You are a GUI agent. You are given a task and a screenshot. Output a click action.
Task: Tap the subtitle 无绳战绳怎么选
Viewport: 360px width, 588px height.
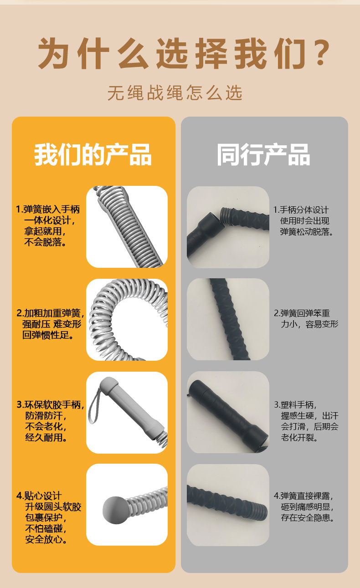[x=175, y=92]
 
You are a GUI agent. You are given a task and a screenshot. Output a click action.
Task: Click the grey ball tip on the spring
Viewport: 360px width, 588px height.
[x=115, y=510]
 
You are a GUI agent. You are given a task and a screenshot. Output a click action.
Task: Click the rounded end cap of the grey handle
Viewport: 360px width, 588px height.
[x=108, y=385]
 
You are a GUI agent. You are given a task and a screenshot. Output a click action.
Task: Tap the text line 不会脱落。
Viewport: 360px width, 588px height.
[x=45, y=242]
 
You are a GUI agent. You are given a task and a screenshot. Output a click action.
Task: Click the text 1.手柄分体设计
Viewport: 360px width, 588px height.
[x=301, y=210]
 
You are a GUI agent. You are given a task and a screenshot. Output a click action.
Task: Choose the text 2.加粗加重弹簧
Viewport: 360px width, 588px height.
[x=50, y=313]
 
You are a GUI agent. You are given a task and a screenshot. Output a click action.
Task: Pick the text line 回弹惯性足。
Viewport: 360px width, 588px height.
[x=48, y=335]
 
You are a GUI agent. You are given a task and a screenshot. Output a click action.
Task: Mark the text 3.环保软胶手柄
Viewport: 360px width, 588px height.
[x=51, y=404]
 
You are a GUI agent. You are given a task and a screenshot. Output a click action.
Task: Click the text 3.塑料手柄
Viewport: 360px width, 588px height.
[x=295, y=404]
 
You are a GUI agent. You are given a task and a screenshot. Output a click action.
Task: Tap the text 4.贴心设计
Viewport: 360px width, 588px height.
[x=39, y=496]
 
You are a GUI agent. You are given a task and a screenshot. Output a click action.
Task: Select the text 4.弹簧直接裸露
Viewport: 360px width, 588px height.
[x=303, y=496]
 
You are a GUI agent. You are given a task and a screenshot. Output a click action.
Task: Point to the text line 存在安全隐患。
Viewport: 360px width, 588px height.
[x=308, y=518]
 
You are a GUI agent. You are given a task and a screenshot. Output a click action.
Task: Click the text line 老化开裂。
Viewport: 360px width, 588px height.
[x=299, y=438]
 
